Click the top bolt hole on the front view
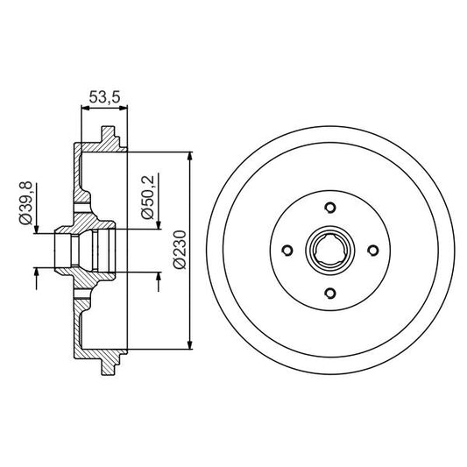click(329, 208)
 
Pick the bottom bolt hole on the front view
click(329, 293)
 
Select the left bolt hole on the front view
click(287, 251)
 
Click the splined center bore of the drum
click(329, 251)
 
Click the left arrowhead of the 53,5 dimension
click(84, 109)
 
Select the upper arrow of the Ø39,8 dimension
click(36, 225)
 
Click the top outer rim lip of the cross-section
click(110, 138)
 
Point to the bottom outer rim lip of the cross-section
click(110, 362)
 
